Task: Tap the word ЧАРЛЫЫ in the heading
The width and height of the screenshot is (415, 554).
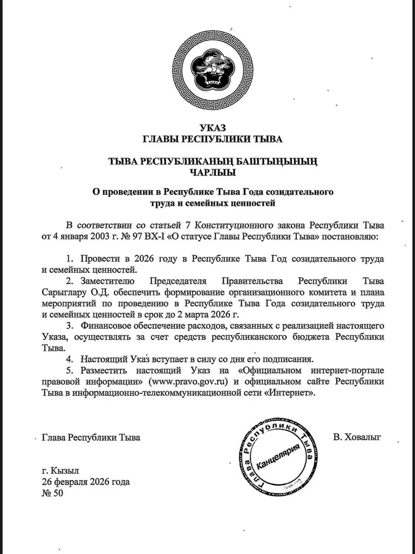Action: tap(213, 173)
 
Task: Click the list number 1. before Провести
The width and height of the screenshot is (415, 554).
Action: tap(70, 259)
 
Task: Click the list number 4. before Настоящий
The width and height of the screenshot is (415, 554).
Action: tap(70, 359)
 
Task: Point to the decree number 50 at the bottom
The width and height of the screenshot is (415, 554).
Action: tap(58, 493)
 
